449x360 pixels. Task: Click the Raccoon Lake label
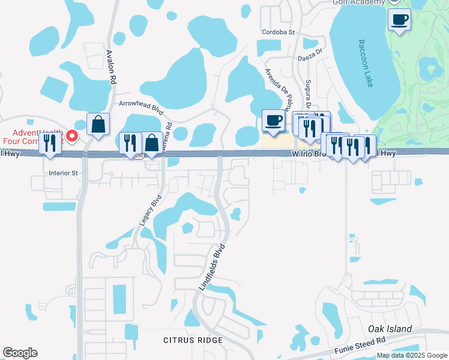366,63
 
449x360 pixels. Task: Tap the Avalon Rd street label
110,65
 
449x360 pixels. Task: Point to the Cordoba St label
279,32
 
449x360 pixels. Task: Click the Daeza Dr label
310,58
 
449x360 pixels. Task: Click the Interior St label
64,173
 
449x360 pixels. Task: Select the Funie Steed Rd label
360,343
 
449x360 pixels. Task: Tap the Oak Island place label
390,329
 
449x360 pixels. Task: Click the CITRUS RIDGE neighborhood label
193,340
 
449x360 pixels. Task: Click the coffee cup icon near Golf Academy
399,20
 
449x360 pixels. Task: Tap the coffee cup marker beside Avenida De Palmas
274,120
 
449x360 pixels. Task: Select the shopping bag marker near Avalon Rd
98,124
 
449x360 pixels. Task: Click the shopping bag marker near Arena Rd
152,143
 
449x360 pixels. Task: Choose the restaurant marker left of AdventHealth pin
50,143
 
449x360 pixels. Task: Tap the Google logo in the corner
20,353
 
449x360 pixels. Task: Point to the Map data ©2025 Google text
411,355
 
